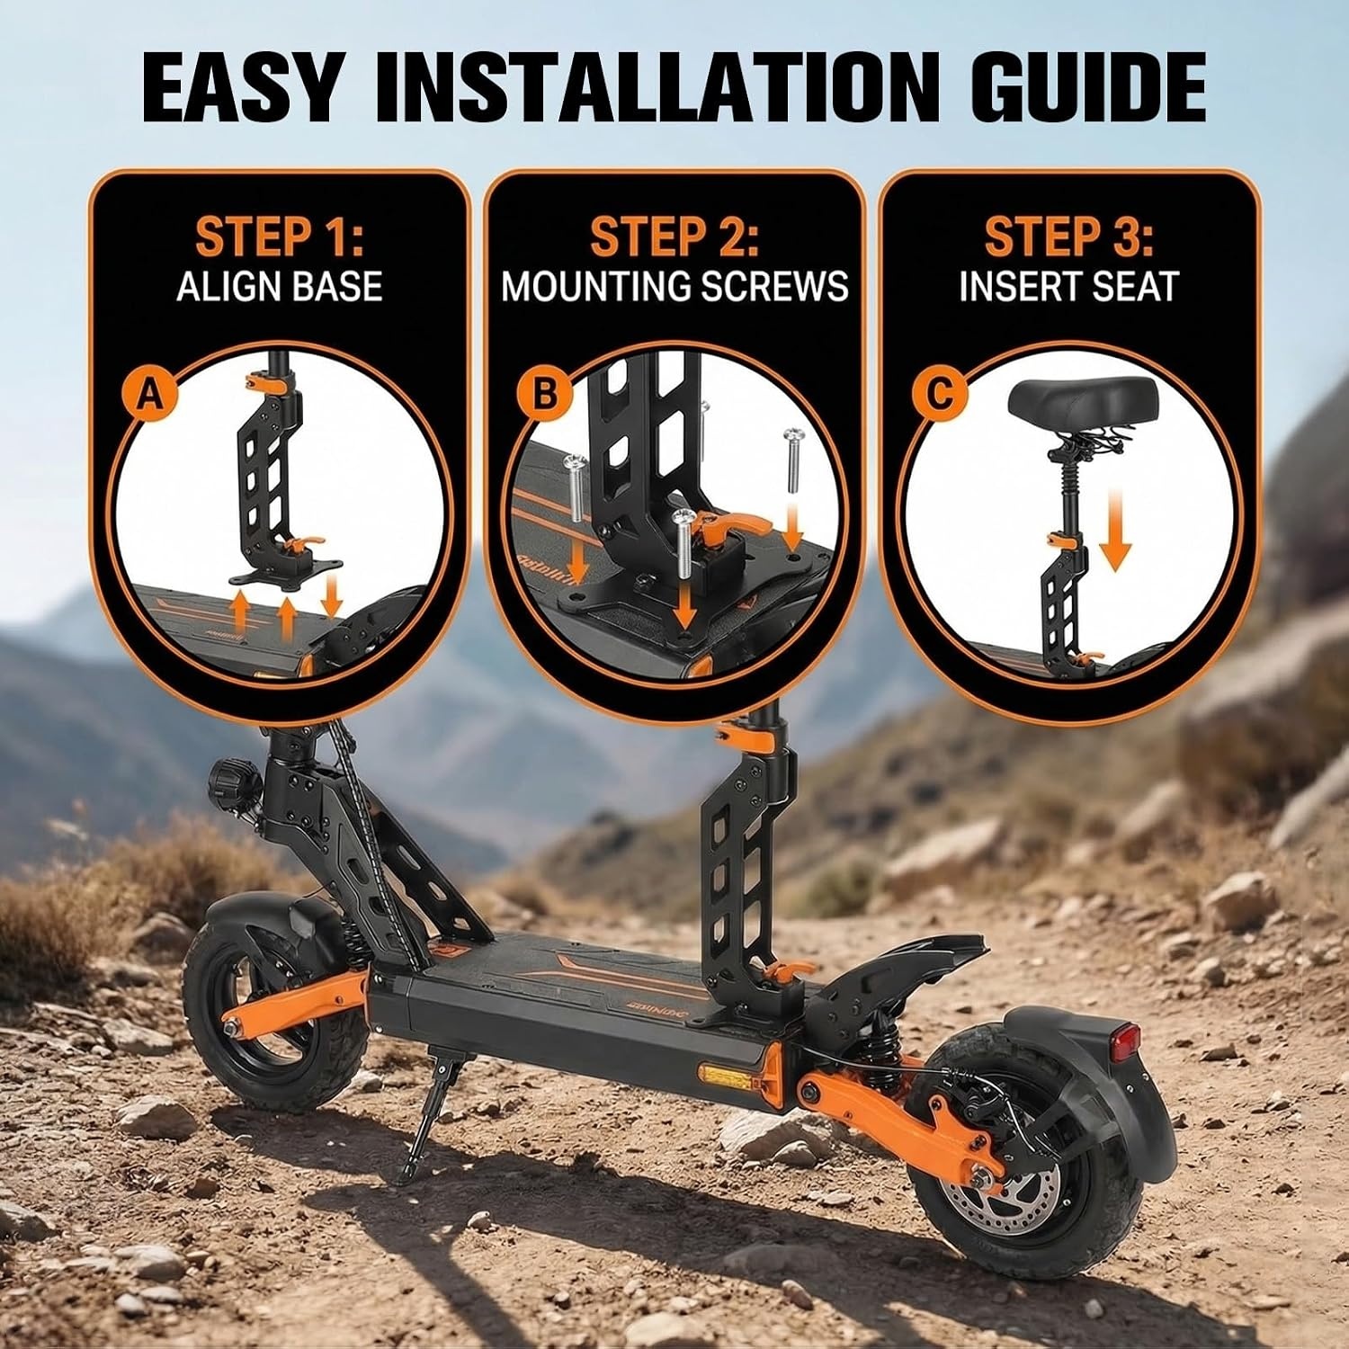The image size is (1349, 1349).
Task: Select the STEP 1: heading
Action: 280,237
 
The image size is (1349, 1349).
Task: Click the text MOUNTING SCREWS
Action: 674,286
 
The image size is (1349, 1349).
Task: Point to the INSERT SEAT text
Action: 1068,286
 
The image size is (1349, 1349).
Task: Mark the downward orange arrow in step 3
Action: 1114,531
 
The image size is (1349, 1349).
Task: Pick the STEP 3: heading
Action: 1068,237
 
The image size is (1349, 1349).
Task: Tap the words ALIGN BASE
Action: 280,286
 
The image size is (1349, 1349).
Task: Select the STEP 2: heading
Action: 674,237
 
